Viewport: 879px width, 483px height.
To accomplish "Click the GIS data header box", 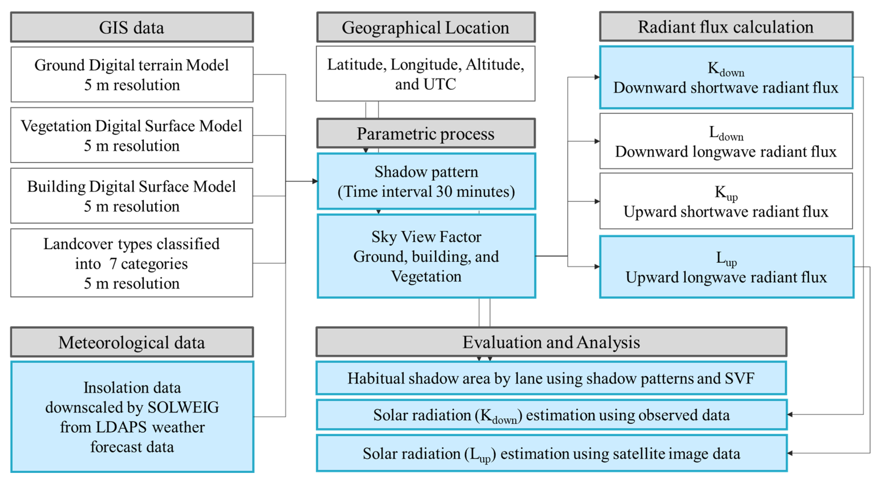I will point(132,27).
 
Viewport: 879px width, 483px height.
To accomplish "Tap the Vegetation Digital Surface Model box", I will point(132,136).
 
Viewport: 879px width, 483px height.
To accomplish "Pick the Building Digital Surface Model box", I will point(132,196).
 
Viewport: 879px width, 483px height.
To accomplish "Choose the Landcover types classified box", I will point(132,263).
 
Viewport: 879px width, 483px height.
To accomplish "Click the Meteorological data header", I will point(132,342).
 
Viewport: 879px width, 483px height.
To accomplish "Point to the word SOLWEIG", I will point(183,407).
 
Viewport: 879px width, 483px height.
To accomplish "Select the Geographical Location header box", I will point(425,27).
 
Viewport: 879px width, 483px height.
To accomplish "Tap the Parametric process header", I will point(425,133).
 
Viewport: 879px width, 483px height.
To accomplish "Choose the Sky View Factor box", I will point(426,256).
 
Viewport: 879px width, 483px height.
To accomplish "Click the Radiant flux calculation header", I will point(726,27).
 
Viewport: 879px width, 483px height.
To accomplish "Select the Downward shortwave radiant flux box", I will point(726,77).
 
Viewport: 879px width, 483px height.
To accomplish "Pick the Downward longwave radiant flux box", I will point(726,141).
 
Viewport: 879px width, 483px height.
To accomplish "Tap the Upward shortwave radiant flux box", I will point(726,201).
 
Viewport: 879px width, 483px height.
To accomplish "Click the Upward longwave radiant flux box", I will point(727,267).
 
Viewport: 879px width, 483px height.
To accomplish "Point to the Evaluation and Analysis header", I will point(551,342).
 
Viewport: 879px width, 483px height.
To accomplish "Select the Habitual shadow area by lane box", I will point(551,378).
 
